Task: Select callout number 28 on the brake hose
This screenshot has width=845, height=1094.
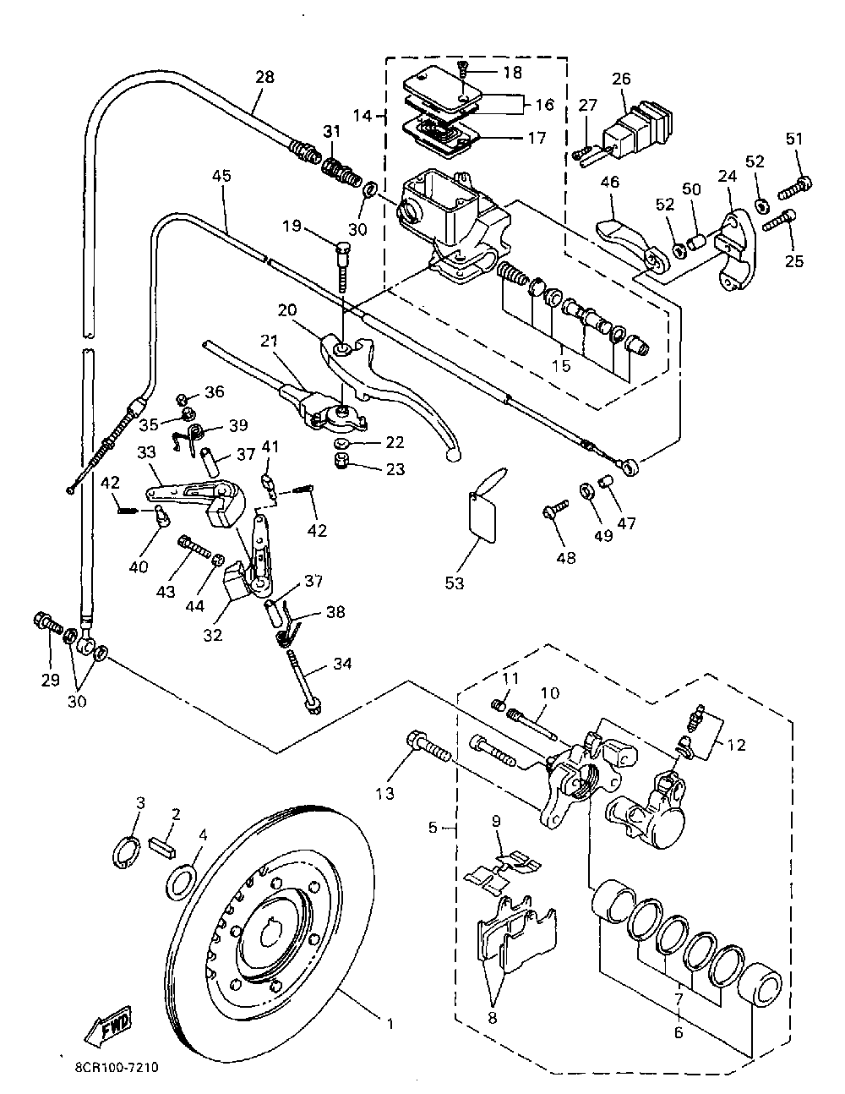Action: [x=264, y=77]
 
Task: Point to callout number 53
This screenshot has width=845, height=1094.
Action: [x=454, y=583]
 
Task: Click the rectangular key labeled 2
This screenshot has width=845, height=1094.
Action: [x=163, y=847]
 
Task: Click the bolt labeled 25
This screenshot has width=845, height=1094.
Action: [x=780, y=221]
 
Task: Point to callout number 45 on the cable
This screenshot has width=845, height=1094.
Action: [x=221, y=176]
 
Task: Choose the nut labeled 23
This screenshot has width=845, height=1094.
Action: [x=342, y=461]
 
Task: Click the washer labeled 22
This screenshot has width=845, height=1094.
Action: [x=342, y=444]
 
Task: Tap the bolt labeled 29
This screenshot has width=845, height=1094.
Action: [x=48, y=623]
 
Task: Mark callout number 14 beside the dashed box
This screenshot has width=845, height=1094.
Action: [x=362, y=116]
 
